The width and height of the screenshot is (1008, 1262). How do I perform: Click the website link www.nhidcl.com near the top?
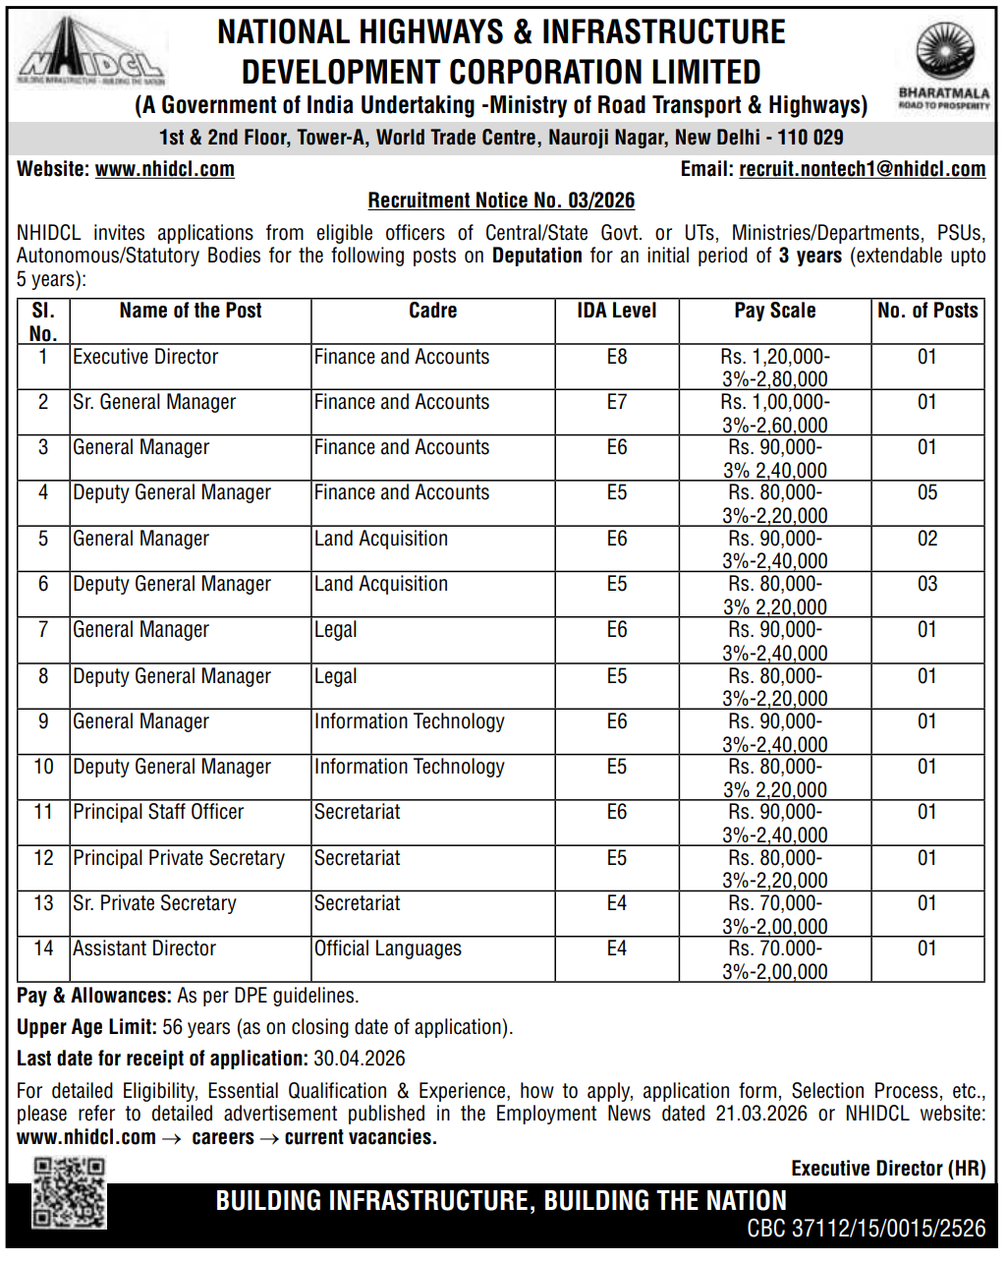[164, 169]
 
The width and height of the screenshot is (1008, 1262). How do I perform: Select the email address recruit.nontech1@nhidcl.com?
[862, 169]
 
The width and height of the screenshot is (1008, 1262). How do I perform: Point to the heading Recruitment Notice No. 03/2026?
[501, 201]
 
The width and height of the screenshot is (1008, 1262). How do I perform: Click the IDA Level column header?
[616, 311]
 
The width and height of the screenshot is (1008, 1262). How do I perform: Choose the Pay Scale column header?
[774, 311]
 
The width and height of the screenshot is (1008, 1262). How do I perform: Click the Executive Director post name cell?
[145, 357]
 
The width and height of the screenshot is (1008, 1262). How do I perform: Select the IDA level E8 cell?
[616, 357]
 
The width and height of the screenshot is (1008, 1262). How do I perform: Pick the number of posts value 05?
[926, 492]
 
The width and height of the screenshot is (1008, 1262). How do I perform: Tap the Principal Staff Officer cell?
[158, 812]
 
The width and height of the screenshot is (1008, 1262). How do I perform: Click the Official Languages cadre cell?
[387, 948]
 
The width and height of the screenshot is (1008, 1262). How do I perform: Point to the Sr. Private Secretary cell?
[154, 903]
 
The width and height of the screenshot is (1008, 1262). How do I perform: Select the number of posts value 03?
[926, 584]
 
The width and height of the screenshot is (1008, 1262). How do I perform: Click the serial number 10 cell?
[43, 767]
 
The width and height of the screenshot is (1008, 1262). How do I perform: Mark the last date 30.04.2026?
[360, 1059]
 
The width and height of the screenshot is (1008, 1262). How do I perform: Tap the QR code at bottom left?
[69, 1192]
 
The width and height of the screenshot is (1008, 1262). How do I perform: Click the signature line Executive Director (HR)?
[888, 1169]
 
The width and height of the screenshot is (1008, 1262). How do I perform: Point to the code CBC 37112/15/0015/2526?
[866, 1229]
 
